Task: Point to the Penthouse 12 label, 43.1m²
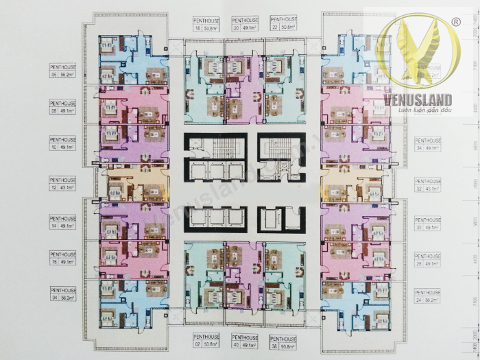click(x=63, y=184)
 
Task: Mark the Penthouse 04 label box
click(x=63, y=294)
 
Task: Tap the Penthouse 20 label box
click(x=245, y=25)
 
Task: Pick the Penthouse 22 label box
click(x=283, y=25)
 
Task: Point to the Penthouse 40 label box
click(x=245, y=341)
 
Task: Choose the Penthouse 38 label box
click(x=283, y=341)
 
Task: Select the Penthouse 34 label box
click(x=428, y=143)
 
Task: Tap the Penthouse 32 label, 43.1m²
click(x=428, y=184)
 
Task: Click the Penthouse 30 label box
click(x=428, y=223)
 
